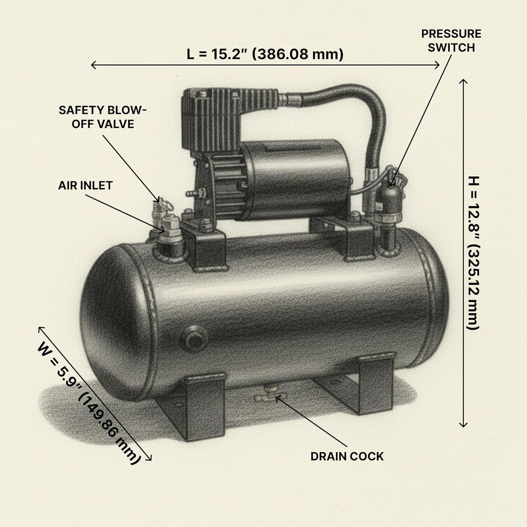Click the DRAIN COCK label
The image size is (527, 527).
pyautogui.click(x=347, y=456)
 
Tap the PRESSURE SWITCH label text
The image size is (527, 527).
pyautogui.click(x=451, y=41)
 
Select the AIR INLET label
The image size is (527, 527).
pyautogui.click(x=85, y=186)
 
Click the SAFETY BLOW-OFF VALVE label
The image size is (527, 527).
pyautogui.click(x=102, y=117)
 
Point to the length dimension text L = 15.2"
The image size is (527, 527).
pyautogui.click(x=265, y=54)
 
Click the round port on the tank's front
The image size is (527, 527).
pyautogui.click(x=194, y=337)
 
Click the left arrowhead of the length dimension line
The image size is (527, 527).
pyautogui.click(x=92, y=65)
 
